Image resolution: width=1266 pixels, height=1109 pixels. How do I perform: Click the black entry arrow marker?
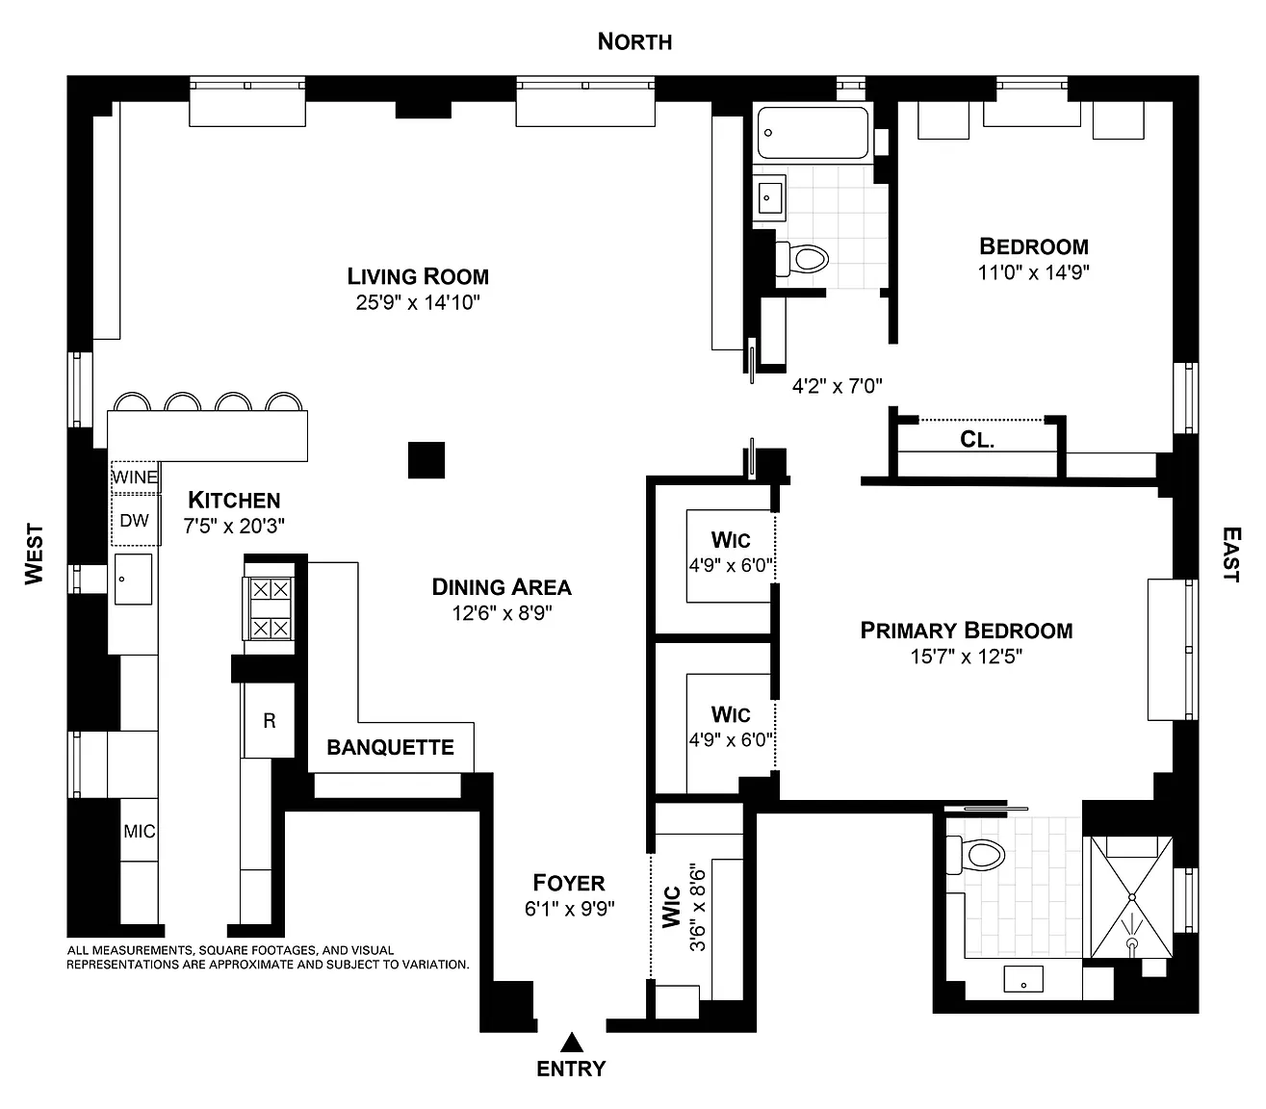[571, 1043]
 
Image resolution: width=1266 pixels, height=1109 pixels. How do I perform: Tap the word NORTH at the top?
[634, 41]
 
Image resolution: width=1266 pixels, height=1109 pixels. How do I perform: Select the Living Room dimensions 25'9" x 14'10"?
[418, 302]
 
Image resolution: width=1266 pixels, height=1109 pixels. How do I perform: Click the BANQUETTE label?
[391, 747]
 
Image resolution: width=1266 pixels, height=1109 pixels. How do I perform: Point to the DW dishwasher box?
[135, 520]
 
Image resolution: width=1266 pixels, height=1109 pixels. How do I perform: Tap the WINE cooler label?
[135, 477]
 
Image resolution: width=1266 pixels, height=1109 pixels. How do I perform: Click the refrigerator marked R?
[270, 720]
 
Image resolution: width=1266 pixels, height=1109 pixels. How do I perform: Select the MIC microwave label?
[140, 831]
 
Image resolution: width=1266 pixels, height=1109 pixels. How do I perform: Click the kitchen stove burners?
[270, 608]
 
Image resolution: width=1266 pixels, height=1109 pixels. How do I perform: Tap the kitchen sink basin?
[133, 580]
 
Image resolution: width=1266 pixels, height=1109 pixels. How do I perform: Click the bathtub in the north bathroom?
[813, 133]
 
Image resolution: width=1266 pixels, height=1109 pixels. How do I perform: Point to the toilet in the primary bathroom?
[975, 855]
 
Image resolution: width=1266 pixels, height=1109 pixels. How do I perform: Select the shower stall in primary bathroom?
[1131, 897]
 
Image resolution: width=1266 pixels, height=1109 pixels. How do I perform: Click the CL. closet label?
[977, 440]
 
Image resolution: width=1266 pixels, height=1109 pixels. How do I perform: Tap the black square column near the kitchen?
[426, 460]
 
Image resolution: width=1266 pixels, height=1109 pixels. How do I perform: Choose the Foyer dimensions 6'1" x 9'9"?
[569, 909]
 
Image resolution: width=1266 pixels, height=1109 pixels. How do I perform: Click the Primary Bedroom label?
[966, 631]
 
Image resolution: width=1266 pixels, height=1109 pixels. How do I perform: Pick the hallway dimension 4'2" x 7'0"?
[838, 386]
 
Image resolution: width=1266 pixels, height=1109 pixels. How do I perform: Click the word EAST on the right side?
[1231, 554]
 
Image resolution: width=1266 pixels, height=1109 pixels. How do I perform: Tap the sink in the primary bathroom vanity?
[1023, 979]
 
